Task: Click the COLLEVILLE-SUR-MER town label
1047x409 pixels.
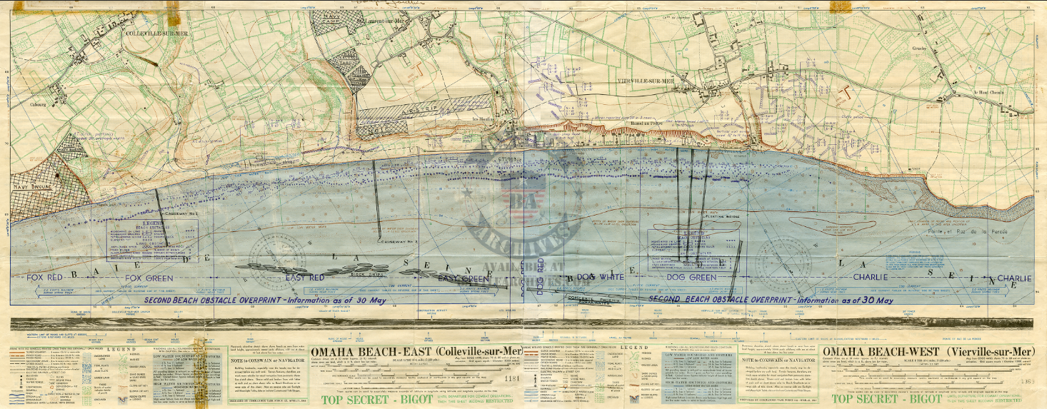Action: point(154,33)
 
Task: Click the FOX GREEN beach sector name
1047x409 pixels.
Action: point(150,277)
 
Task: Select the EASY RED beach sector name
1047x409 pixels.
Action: point(305,277)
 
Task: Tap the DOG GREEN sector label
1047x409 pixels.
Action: point(691,277)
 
